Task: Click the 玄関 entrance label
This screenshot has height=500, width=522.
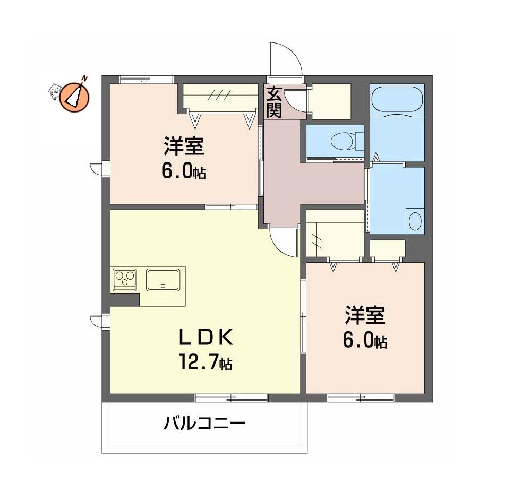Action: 274,102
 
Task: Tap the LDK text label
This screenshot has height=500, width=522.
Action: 206,338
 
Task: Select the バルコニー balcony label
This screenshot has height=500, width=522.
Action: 205,424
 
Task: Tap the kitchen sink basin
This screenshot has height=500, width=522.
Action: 163,280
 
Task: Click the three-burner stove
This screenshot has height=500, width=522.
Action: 125,278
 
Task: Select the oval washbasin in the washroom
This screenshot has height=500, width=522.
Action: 415,221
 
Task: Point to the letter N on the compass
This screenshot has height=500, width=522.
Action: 85,79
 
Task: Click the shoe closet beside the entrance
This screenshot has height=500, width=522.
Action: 331,101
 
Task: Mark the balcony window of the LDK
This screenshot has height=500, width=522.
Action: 232,398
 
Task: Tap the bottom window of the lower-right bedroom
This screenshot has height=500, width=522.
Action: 361,398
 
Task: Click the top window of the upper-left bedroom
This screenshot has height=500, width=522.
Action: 147,80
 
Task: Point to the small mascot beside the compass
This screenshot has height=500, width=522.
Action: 55,91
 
